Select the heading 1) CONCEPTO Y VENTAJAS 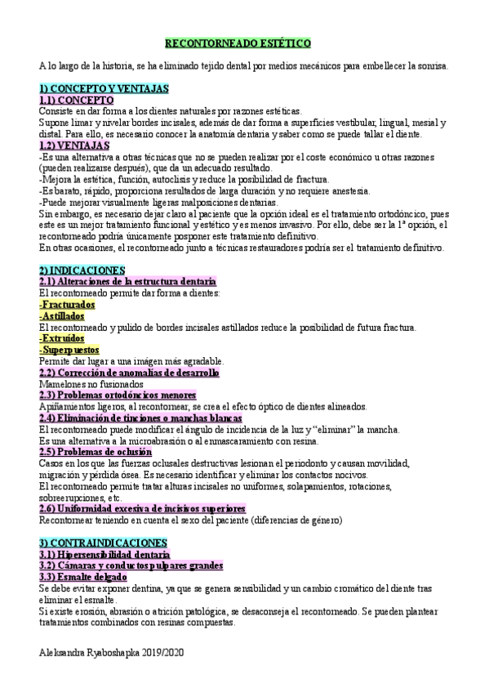[x=104, y=88]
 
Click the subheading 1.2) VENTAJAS [x=75, y=145]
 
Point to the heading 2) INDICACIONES [x=82, y=270]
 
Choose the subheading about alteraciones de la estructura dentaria [x=127, y=281]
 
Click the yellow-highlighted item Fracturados [x=67, y=304]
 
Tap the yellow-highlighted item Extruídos [x=62, y=338]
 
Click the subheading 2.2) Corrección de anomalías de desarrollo [x=129, y=372]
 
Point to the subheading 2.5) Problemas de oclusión [x=96, y=451]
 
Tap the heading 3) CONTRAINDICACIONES [x=103, y=542]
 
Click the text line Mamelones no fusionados [x=91, y=383]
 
